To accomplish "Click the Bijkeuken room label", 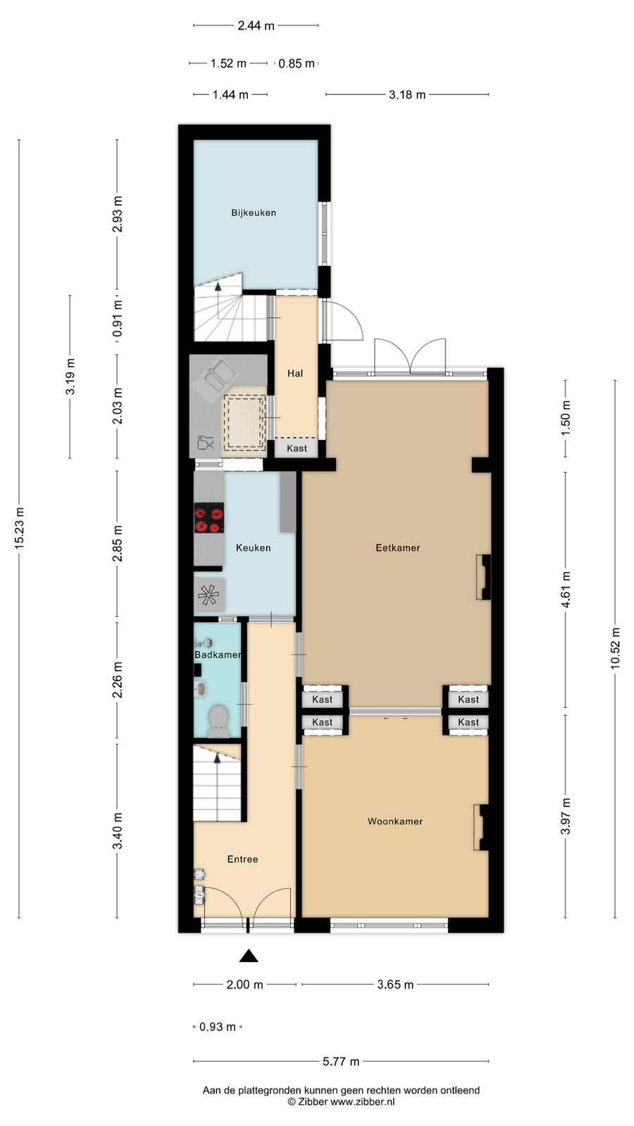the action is pyautogui.click(x=254, y=213).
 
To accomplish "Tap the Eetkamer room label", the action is pyautogui.click(x=397, y=548).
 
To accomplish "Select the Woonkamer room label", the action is pyautogui.click(x=395, y=821).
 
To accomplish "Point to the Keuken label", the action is pyautogui.click(x=253, y=548).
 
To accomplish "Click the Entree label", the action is pyautogui.click(x=242, y=859).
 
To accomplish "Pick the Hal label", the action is pyautogui.click(x=295, y=374).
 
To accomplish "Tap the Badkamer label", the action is pyautogui.click(x=218, y=654).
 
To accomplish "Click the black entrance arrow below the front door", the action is pyautogui.click(x=249, y=956).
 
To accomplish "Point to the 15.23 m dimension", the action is pyautogui.click(x=19, y=528).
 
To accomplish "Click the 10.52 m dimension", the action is pyautogui.click(x=615, y=648).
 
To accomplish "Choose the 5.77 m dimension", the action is pyautogui.click(x=341, y=1062).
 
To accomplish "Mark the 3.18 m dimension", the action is pyautogui.click(x=407, y=94).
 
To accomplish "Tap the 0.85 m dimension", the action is pyautogui.click(x=297, y=64).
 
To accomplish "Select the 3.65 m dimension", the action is pyautogui.click(x=395, y=985).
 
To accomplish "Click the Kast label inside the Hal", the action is pyautogui.click(x=297, y=448).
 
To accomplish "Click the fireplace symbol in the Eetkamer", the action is pyautogui.click(x=483, y=577).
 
